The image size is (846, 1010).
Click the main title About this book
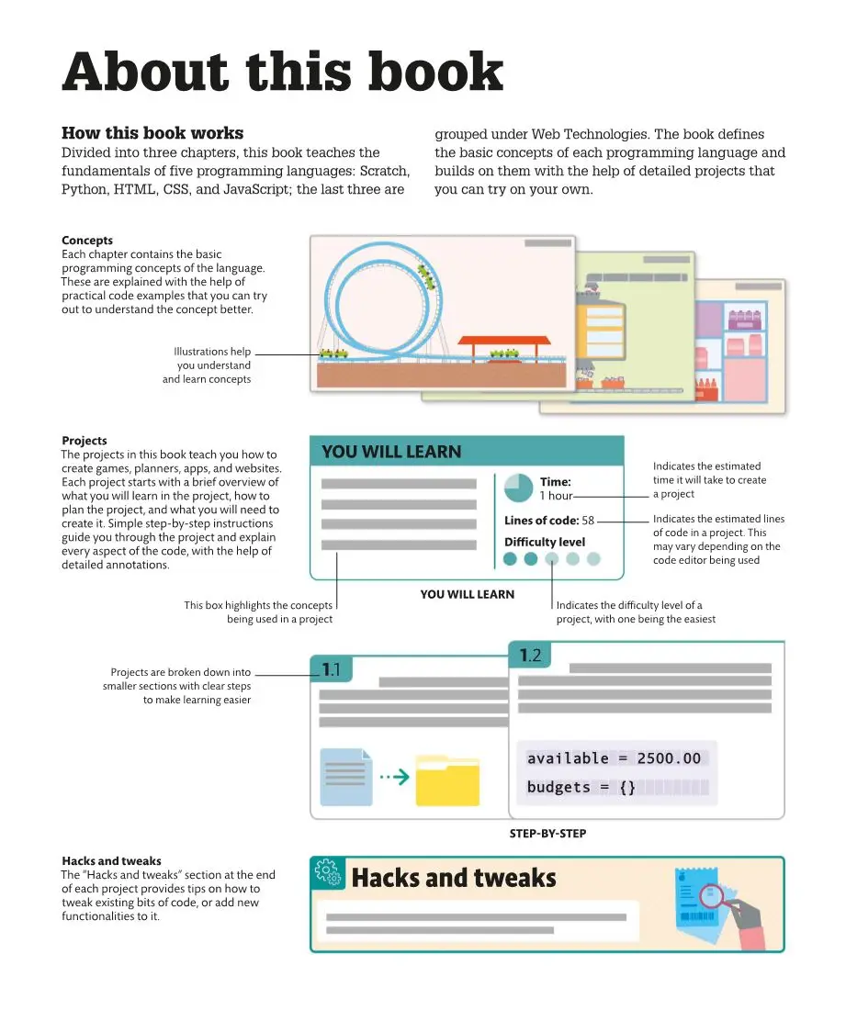282,72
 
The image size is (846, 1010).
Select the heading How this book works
152,133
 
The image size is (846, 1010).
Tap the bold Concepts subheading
87,241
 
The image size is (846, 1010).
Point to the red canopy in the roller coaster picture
504,341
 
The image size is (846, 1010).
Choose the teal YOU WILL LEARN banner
467,452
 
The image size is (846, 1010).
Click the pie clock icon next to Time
519,488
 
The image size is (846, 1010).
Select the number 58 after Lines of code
588,521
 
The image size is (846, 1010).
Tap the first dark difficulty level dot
510,558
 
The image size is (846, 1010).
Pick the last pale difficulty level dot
593,558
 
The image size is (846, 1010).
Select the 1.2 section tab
529,655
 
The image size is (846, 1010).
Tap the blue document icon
346,777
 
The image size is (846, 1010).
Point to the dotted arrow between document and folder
394,778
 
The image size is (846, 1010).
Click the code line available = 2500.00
614,758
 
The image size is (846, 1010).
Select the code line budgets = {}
581,788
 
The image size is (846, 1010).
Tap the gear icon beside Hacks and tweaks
327,876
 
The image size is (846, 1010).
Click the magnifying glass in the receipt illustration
713,896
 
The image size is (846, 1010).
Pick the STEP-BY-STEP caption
547,834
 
